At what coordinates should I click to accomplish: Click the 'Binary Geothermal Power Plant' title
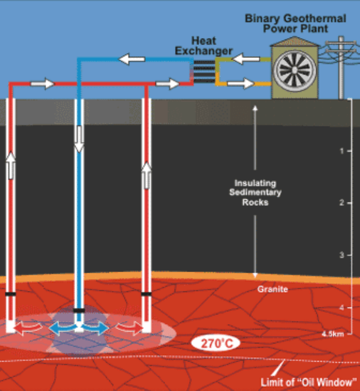(x=296, y=24)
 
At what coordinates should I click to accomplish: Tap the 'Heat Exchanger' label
(x=204, y=46)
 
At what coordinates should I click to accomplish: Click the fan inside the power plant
(x=295, y=71)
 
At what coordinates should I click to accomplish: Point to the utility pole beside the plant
(x=341, y=68)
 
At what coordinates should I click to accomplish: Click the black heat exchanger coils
(x=204, y=71)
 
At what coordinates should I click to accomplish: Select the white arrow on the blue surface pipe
(x=131, y=59)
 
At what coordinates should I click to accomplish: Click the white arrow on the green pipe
(x=246, y=59)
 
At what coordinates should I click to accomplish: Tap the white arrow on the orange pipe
(x=241, y=83)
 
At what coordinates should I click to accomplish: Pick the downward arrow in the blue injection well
(x=79, y=139)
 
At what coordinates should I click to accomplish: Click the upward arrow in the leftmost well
(x=11, y=165)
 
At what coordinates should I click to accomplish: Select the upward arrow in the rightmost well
(x=146, y=175)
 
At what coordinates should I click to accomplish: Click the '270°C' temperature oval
(x=216, y=343)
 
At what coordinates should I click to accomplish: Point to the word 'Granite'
(x=272, y=289)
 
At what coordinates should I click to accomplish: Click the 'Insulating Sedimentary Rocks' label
(x=255, y=193)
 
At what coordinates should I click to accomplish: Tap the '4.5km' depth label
(x=333, y=334)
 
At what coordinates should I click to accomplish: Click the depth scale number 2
(x=342, y=203)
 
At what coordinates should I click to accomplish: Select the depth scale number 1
(x=342, y=151)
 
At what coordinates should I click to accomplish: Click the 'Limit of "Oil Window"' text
(x=308, y=382)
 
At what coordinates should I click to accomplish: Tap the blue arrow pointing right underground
(x=96, y=328)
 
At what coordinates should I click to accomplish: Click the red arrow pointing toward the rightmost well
(x=129, y=327)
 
